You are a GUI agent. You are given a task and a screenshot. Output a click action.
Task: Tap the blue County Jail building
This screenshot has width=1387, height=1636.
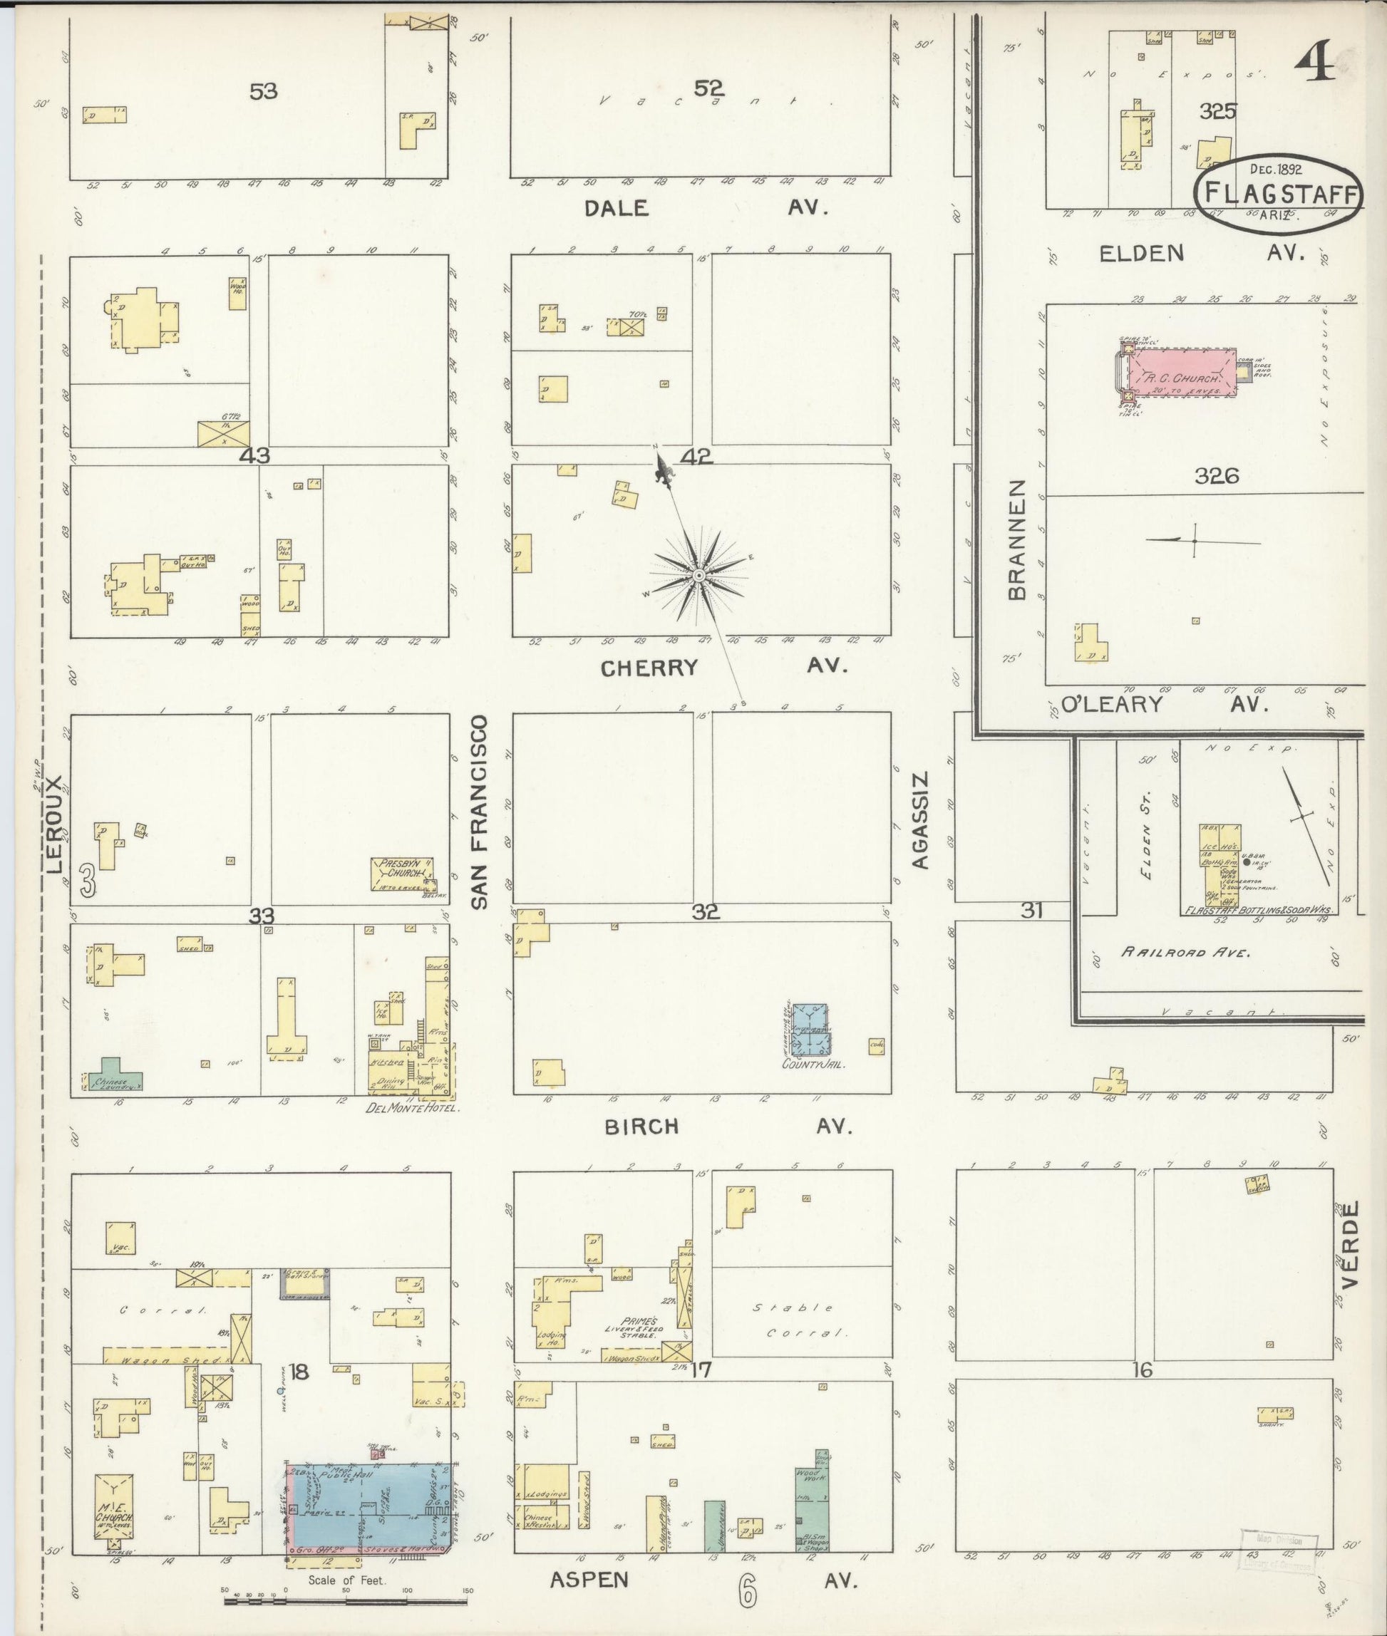click(809, 1029)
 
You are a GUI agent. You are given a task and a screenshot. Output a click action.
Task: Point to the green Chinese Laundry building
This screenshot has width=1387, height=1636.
click(115, 1083)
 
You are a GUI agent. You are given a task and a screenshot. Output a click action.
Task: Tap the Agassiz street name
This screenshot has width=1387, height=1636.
click(920, 820)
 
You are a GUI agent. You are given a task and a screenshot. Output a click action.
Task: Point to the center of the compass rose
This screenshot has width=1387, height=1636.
click(698, 576)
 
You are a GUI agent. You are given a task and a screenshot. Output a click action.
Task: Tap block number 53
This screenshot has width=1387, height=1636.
click(264, 92)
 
